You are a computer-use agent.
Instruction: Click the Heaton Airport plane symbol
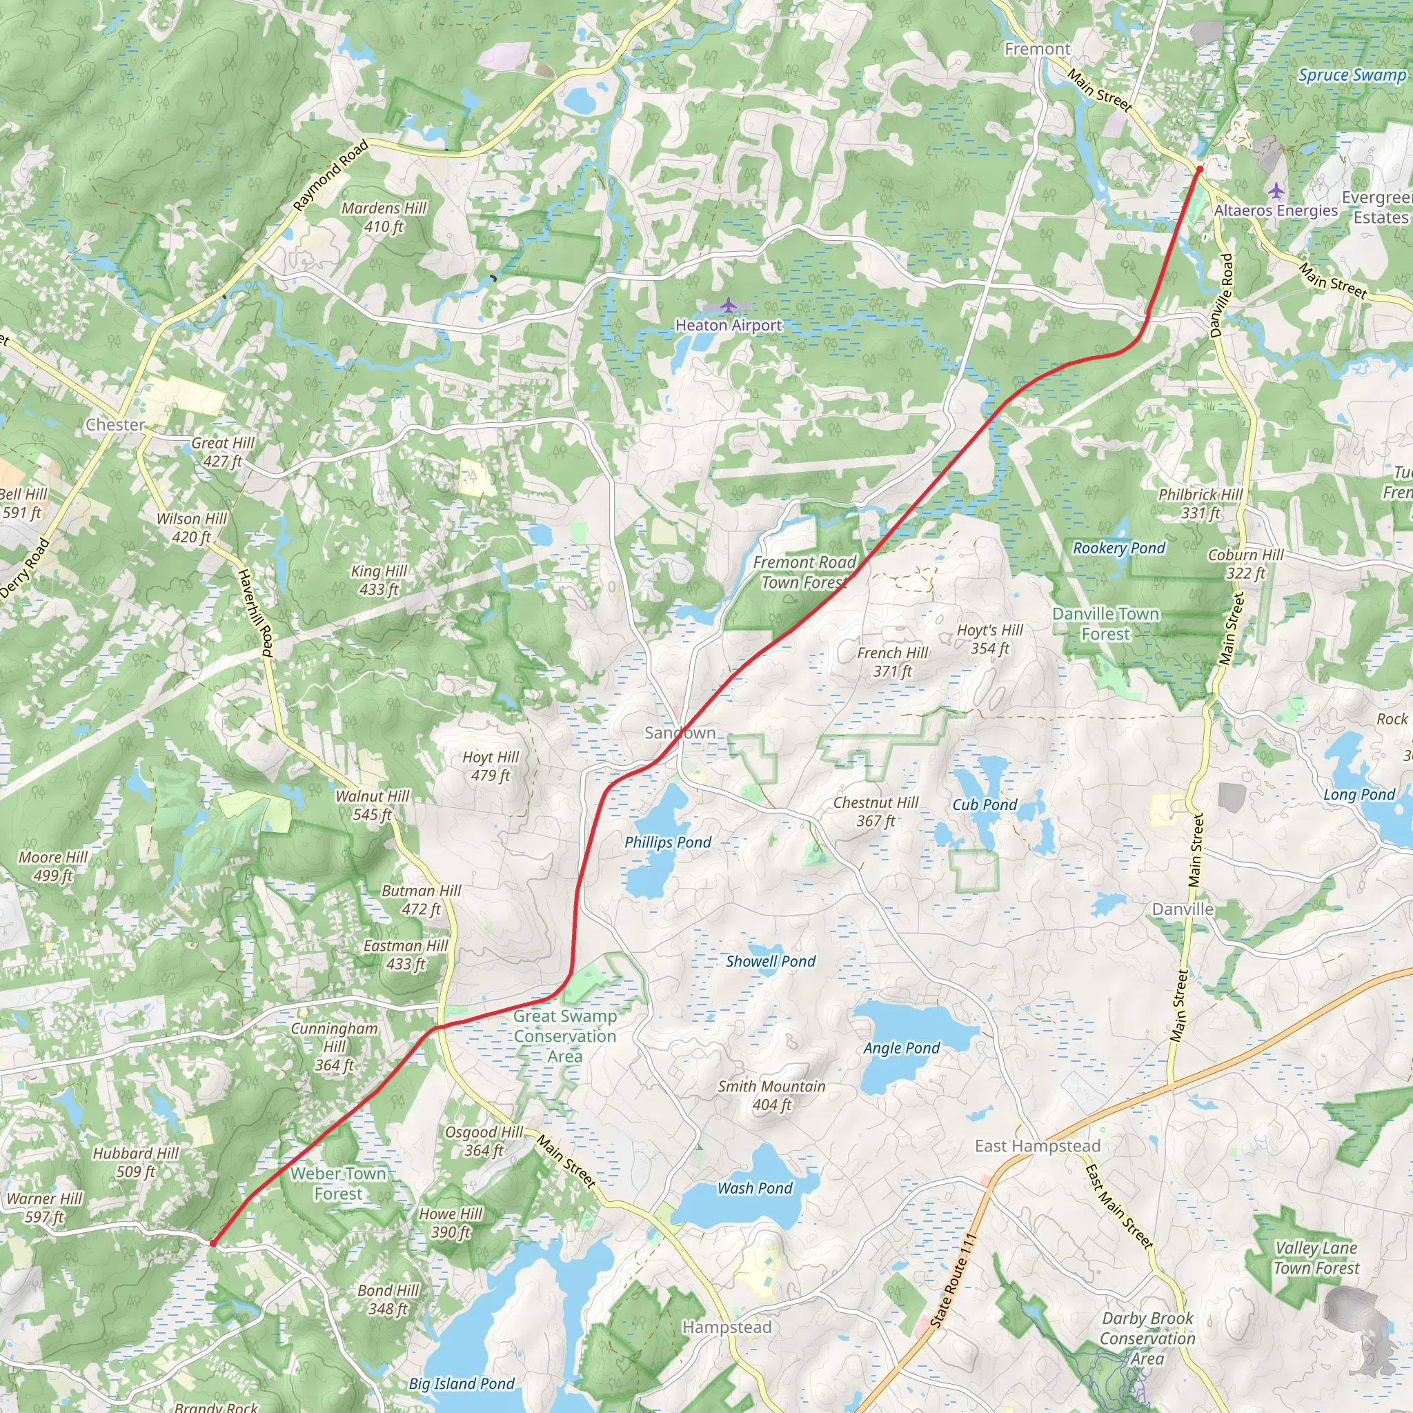click(x=728, y=304)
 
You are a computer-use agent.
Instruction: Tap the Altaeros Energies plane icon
click(x=1276, y=192)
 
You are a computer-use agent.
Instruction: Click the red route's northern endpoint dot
click(x=1199, y=170)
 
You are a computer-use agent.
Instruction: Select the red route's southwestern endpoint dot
click(x=213, y=1243)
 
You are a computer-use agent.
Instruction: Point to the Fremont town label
click(x=1037, y=49)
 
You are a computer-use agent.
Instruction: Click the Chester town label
click(x=115, y=425)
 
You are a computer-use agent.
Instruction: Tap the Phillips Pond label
click(x=667, y=842)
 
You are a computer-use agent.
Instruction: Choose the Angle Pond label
click(x=901, y=1048)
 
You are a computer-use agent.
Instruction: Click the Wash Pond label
click(x=755, y=1189)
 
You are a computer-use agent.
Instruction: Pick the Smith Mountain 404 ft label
click(x=771, y=1096)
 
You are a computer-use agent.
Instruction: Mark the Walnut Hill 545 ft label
click(x=373, y=805)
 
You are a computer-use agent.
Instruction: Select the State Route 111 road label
click(x=953, y=1281)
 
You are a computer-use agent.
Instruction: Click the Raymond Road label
click(x=330, y=176)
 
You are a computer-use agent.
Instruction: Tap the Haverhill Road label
click(x=256, y=613)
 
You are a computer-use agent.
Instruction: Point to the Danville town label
click(x=1183, y=909)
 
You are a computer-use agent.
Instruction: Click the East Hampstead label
click(x=1037, y=1146)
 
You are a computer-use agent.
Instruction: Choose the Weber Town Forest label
click(x=338, y=1183)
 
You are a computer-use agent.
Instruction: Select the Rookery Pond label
click(x=1118, y=549)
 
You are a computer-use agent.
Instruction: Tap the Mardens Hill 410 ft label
click(x=384, y=217)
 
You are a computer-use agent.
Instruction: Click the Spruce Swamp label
click(x=1352, y=75)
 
